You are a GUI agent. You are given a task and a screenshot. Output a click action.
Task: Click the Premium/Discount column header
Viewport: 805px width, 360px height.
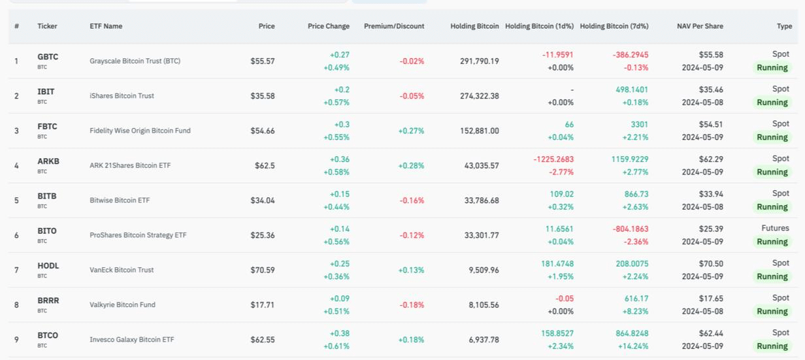pos(394,26)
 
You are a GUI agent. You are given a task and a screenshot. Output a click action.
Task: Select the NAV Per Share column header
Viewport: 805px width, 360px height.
pos(700,26)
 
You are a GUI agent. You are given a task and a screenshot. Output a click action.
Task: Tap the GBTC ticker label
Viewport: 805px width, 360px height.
pos(48,57)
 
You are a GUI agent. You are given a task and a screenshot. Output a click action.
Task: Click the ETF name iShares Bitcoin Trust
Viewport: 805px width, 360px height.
pos(122,96)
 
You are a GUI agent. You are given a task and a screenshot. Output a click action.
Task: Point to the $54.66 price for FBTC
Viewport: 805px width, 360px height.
pos(263,131)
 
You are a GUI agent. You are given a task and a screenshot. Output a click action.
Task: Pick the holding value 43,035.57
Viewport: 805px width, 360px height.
pos(482,166)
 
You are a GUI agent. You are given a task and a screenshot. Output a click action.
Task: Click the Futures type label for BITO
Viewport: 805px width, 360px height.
pos(775,228)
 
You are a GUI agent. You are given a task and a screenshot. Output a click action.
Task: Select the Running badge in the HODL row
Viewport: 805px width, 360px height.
pos(772,276)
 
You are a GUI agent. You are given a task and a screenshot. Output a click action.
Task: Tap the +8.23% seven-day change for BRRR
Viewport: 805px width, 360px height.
pos(635,311)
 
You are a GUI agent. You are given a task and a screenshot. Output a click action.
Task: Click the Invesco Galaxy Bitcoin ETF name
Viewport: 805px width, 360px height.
pos(132,340)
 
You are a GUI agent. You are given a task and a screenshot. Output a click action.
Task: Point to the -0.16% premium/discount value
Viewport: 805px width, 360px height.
pos(412,201)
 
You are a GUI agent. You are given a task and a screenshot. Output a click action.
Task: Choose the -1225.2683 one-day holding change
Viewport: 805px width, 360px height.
pos(553,159)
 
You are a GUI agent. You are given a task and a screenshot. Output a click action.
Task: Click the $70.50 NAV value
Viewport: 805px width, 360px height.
pos(711,264)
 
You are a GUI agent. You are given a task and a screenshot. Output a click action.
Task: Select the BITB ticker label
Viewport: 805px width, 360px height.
pos(47,196)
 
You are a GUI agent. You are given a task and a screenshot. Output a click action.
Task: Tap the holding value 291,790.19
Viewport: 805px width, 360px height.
pos(480,61)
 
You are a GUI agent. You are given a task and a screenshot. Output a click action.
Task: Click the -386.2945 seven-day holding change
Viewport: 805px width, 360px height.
pos(631,55)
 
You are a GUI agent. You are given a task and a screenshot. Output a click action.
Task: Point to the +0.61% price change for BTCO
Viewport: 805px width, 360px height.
pos(337,346)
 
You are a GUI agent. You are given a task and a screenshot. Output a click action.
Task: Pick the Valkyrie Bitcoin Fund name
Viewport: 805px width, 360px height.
pos(123,304)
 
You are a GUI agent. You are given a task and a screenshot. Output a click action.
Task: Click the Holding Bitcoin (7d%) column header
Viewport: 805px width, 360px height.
pos(614,26)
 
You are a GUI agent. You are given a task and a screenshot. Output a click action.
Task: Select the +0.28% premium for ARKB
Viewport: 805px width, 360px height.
pos(411,166)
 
